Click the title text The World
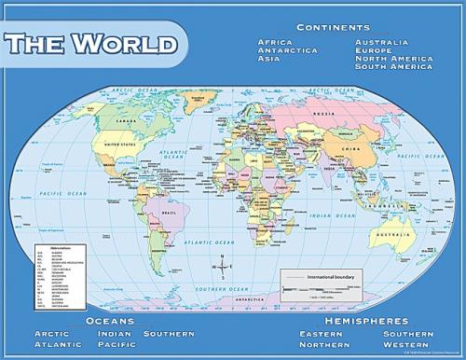[x=90, y=43]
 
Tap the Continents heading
[x=333, y=27]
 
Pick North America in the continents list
[x=393, y=58]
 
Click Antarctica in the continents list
[x=287, y=50]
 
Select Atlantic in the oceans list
[x=58, y=344]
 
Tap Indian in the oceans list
[x=114, y=333]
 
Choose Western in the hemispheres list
[x=406, y=344]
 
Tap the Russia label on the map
[x=325, y=114]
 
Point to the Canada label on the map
[x=126, y=120]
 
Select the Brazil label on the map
[x=170, y=213]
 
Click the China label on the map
[x=349, y=148]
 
